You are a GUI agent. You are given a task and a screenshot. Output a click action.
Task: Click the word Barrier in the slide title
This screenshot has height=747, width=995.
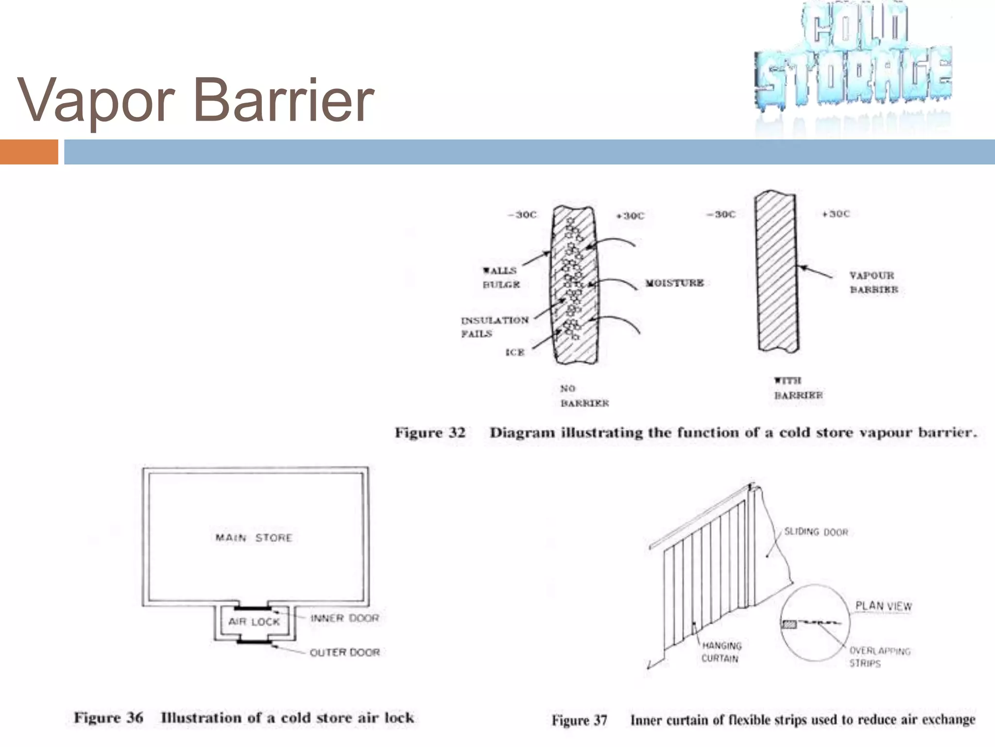[x=284, y=101]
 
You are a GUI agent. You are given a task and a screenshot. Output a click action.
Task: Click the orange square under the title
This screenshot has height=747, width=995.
[x=29, y=152]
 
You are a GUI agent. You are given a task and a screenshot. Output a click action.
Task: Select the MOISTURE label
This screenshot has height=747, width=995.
[x=674, y=283]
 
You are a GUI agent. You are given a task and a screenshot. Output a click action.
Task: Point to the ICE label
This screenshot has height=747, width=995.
[x=515, y=352]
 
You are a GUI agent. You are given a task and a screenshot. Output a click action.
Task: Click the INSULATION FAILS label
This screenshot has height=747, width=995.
[x=494, y=327]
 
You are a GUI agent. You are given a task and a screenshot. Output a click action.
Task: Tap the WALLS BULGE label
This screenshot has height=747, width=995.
[x=500, y=278]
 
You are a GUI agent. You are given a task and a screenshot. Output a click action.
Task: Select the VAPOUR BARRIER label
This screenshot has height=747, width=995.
[x=874, y=283]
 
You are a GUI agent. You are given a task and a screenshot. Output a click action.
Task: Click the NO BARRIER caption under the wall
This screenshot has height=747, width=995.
[x=584, y=396]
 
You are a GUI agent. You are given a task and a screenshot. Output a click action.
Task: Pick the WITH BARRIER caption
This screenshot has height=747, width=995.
[x=798, y=388]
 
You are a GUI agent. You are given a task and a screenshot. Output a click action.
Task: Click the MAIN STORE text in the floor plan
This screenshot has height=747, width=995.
[x=254, y=538]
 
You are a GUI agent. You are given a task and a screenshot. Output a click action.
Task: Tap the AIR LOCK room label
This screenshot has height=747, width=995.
[x=254, y=622]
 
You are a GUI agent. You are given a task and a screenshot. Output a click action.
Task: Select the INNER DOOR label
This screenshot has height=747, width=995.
[x=344, y=618]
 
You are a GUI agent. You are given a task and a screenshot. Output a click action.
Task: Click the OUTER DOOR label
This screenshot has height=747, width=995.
[x=344, y=652]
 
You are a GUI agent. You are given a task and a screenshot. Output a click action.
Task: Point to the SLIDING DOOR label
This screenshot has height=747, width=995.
[x=816, y=532]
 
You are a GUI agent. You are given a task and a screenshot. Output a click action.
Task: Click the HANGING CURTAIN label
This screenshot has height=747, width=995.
[x=721, y=652]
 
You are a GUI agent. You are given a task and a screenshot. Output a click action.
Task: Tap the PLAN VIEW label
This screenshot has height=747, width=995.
[x=883, y=606]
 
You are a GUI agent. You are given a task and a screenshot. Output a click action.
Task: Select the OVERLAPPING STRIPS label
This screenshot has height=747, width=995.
[x=879, y=657]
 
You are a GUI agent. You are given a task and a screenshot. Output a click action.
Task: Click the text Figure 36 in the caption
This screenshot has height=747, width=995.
[x=108, y=718]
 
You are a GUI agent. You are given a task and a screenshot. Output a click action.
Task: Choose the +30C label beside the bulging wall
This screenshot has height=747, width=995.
[x=630, y=216]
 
